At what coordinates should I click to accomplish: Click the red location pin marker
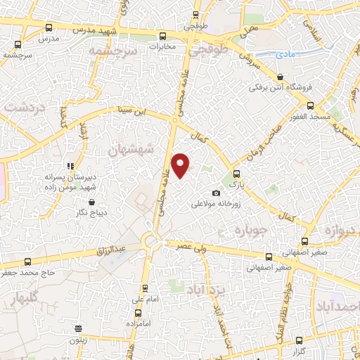coord(181,165)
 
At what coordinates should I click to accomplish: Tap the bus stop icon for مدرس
coord(48,27)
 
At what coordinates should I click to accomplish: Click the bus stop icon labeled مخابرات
coord(163,35)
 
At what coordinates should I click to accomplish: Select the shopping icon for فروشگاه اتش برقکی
coord(281,77)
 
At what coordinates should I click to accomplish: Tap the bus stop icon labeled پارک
coord(236,174)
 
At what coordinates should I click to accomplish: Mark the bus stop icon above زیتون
coord(78,328)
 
